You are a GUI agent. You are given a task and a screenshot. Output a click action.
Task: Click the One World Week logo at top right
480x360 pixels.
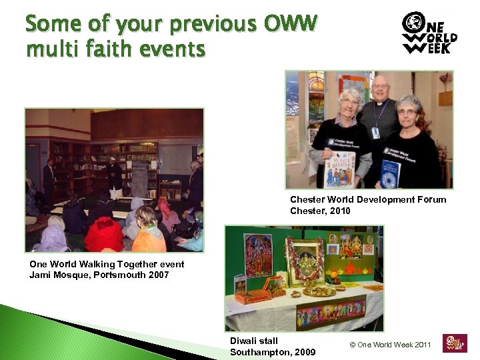click(429, 33)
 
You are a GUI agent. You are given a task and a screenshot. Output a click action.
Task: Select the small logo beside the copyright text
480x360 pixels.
click(455, 343)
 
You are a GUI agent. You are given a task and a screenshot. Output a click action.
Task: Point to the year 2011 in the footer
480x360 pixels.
click(421, 345)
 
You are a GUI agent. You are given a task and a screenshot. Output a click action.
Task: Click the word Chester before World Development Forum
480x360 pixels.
click(307, 199)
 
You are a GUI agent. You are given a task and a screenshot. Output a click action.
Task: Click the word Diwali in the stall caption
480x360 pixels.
click(245, 341)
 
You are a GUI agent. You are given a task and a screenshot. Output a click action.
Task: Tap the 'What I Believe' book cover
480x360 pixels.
click(340, 171)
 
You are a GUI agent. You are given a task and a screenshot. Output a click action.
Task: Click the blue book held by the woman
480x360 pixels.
click(389, 174)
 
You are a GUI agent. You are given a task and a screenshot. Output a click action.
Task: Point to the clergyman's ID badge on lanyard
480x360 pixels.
click(376, 132)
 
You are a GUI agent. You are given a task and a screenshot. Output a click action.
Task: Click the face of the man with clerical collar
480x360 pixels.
click(380, 91)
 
